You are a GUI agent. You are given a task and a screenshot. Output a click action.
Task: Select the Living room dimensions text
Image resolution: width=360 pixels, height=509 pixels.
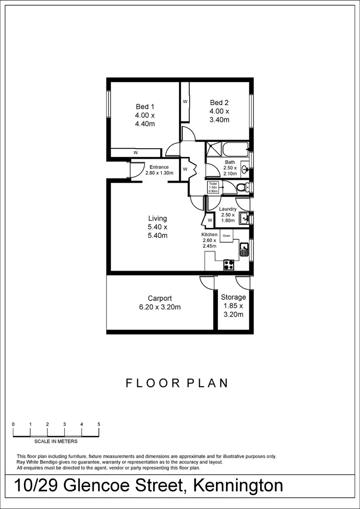[x=157, y=231]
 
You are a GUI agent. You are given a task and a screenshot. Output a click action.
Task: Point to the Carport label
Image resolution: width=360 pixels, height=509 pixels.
[x=160, y=298]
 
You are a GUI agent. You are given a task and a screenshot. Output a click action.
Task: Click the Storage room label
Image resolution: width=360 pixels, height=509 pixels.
[x=233, y=297]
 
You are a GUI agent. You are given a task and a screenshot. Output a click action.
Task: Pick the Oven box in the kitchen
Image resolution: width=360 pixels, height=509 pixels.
[x=227, y=236]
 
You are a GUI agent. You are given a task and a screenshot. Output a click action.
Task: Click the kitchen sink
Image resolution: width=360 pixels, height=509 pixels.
[x=244, y=250]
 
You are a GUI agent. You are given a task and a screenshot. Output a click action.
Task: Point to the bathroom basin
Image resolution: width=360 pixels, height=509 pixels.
[x=245, y=169]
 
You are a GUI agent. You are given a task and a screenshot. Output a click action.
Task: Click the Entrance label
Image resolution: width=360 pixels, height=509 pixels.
[x=159, y=167]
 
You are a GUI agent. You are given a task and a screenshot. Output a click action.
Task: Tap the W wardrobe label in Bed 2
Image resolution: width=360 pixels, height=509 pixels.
[x=185, y=102]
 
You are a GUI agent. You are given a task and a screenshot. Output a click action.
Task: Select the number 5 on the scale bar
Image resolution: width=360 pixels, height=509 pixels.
[x=98, y=424]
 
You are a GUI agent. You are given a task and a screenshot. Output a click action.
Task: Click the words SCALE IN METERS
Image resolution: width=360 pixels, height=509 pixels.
[x=55, y=441]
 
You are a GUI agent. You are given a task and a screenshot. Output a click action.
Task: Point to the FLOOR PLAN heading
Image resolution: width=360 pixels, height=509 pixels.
[x=176, y=383]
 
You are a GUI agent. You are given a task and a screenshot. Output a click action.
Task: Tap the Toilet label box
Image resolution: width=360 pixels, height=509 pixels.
[x=213, y=188]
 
